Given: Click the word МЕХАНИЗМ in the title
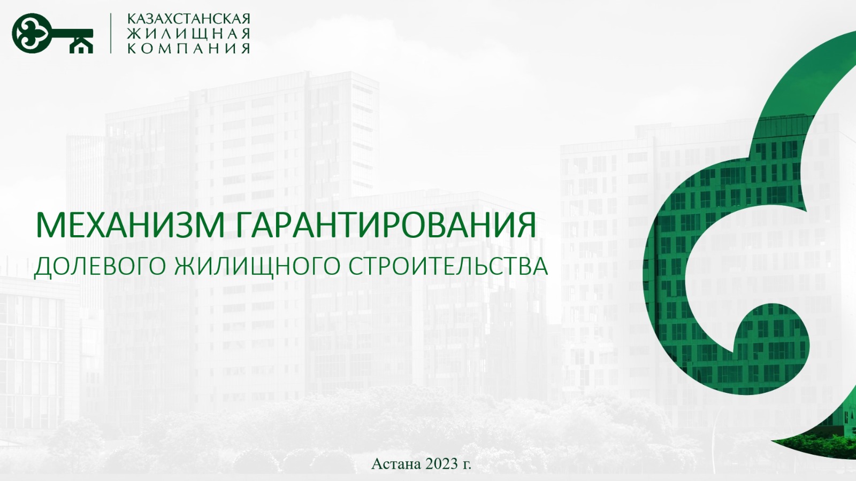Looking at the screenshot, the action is [x=130, y=226].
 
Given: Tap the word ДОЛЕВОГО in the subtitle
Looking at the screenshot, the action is [x=100, y=267].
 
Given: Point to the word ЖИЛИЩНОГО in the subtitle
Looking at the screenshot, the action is [x=257, y=267].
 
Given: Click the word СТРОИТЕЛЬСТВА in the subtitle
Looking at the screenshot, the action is [x=448, y=266].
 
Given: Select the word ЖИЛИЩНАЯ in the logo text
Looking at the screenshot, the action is [x=188, y=33].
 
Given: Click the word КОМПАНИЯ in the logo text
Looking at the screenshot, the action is [x=188, y=48].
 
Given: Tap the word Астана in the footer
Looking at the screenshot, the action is [x=395, y=464].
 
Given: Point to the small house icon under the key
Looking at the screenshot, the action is [x=81, y=46].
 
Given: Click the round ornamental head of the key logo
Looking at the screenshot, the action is [x=30, y=33].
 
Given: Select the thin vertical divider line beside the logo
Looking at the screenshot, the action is [x=111, y=33].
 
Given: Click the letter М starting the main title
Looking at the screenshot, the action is [x=48, y=226].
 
